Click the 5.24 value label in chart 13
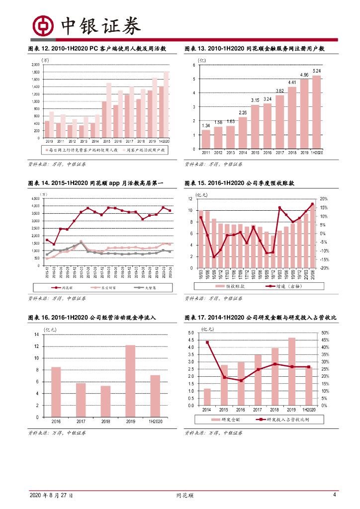point(317,71)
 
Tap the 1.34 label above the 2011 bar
point(206,125)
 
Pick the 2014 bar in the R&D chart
point(207,397)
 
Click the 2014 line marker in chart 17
point(207,342)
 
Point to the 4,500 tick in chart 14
point(35,198)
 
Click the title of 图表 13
point(254,49)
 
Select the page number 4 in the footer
point(335,495)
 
